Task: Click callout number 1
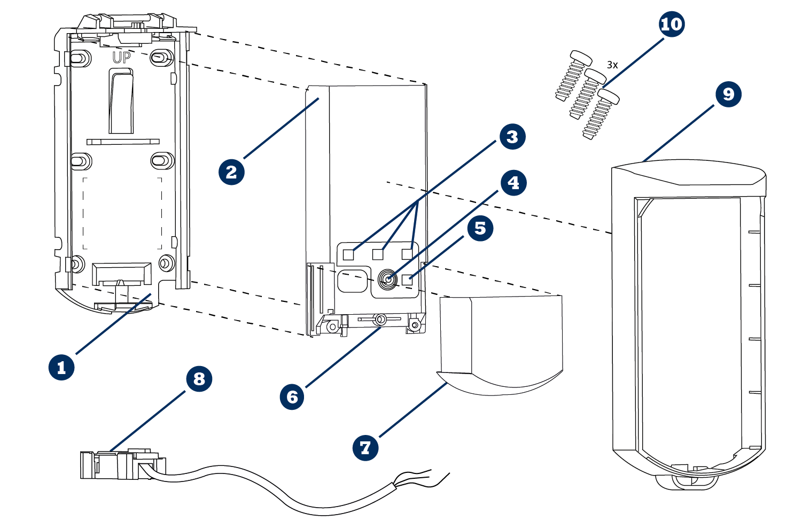coord(61,367)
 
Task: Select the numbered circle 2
coord(231,172)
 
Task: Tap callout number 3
coord(512,137)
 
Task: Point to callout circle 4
coord(513,183)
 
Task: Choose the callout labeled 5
coord(480,228)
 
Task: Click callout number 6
coord(292,396)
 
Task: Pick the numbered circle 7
coord(365,447)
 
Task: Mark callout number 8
coord(199,379)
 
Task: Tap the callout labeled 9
coord(728,94)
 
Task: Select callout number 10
coord(672,24)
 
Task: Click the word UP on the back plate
coord(121,58)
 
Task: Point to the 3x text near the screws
coord(612,65)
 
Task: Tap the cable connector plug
coord(120,464)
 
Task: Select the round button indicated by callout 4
coord(387,279)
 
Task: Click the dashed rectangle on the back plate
coord(122,213)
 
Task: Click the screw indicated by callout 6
coord(380,320)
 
